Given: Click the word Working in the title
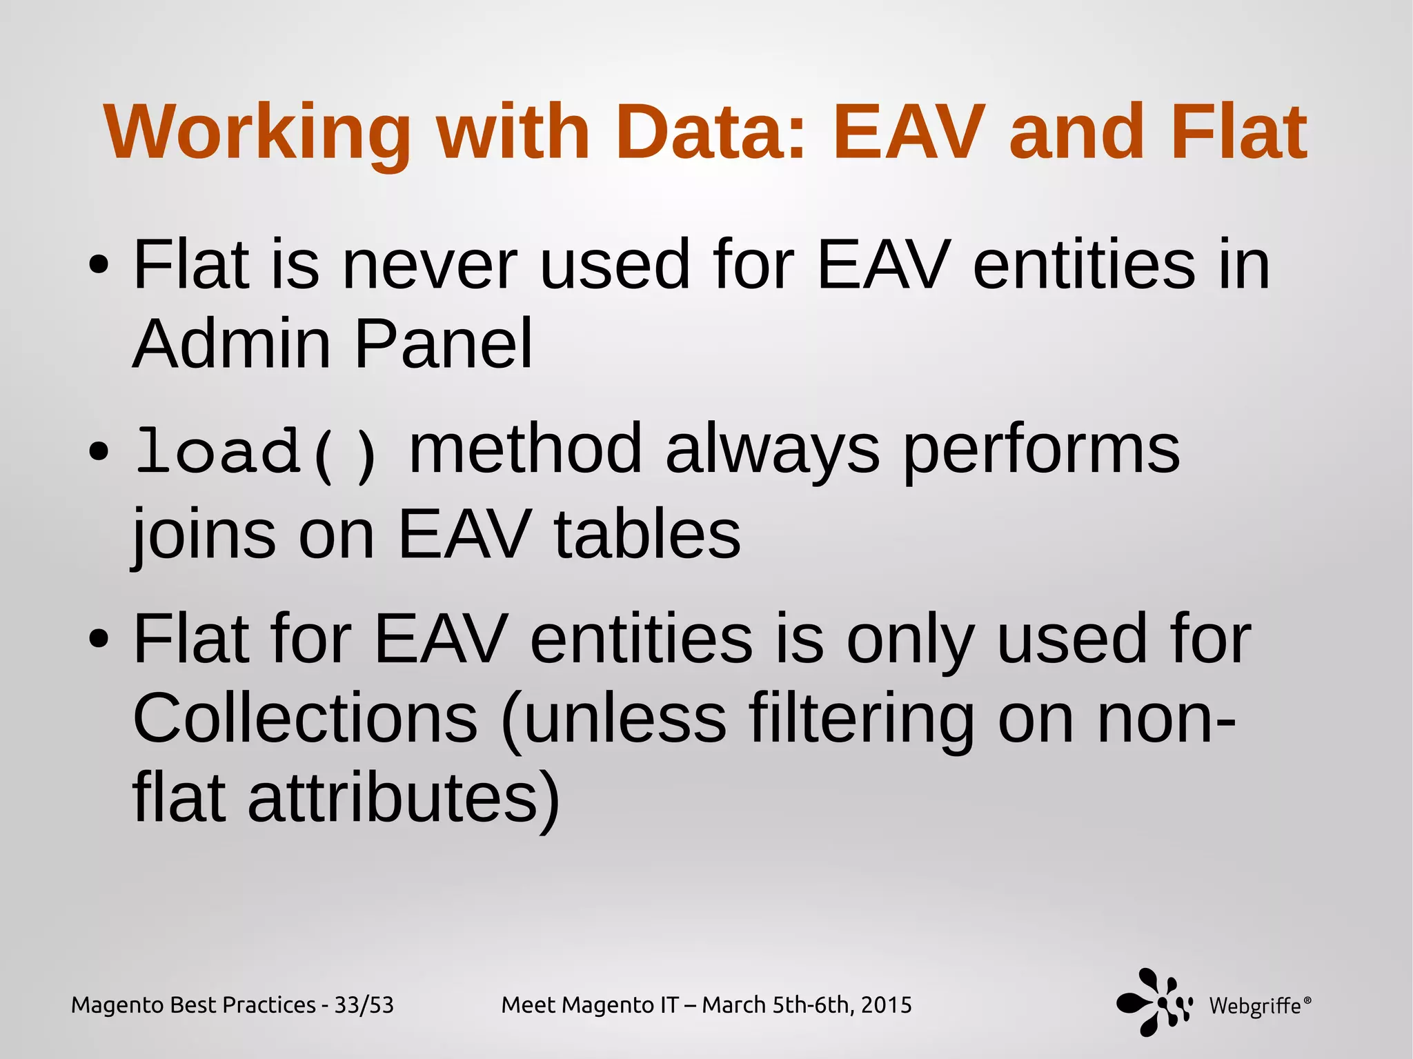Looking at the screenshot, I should coord(257,133).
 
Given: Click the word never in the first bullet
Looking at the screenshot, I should coord(429,266).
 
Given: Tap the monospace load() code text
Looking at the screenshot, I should coord(257,453).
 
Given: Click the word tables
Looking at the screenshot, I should coord(647,534).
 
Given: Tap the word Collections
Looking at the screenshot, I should coord(305,719).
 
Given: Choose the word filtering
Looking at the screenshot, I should coord(862,719).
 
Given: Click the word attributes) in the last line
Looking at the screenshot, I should coord(404,799).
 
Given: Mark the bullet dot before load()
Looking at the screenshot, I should coord(99,452).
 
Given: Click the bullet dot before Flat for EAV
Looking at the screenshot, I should coord(99,640).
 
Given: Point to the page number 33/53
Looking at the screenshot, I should coord(364,1005).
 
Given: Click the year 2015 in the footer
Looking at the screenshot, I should coord(886,1005).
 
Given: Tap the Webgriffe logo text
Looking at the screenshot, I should coord(1256,1006).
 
